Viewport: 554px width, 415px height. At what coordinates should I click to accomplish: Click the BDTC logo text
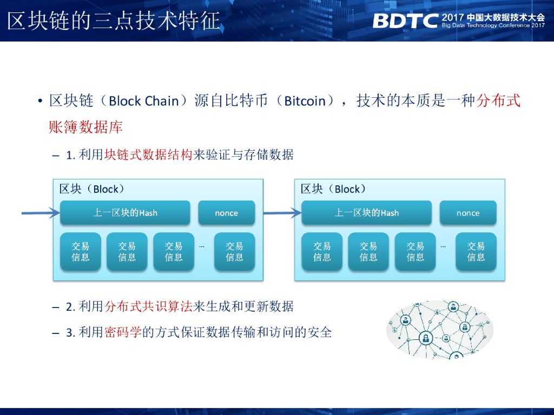(x=405, y=21)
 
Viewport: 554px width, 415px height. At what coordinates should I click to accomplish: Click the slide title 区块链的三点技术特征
(x=114, y=21)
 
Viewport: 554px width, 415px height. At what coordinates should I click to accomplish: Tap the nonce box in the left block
(x=226, y=213)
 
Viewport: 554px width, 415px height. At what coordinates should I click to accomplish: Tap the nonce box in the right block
(x=467, y=213)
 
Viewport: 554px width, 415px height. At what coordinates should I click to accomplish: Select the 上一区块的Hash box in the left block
(x=125, y=213)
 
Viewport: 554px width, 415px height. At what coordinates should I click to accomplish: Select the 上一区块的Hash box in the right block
(x=366, y=213)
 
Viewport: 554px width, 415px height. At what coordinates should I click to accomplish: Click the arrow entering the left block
(x=41, y=213)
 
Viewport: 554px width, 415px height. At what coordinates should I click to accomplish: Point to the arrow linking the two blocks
(x=282, y=213)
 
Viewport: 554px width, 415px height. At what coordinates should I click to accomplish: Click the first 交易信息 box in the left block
(x=81, y=252)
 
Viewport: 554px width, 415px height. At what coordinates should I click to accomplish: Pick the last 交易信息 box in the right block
(x=476, y=252)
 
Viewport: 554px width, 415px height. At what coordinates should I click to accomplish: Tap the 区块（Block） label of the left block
(x=92, y=189)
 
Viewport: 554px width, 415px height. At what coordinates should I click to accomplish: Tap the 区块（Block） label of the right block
(x=333, y=189)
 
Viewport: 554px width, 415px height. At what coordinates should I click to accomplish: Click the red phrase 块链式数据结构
(x=148, y=155)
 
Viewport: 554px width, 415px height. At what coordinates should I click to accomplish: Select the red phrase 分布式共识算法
(x=148, y=307)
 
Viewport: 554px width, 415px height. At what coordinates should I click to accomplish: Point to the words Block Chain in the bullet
(x=144, y=101)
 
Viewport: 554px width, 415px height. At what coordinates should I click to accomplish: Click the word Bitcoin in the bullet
(x=305, y=101)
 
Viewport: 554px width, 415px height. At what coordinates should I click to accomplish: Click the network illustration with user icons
(x=440, y=331)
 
